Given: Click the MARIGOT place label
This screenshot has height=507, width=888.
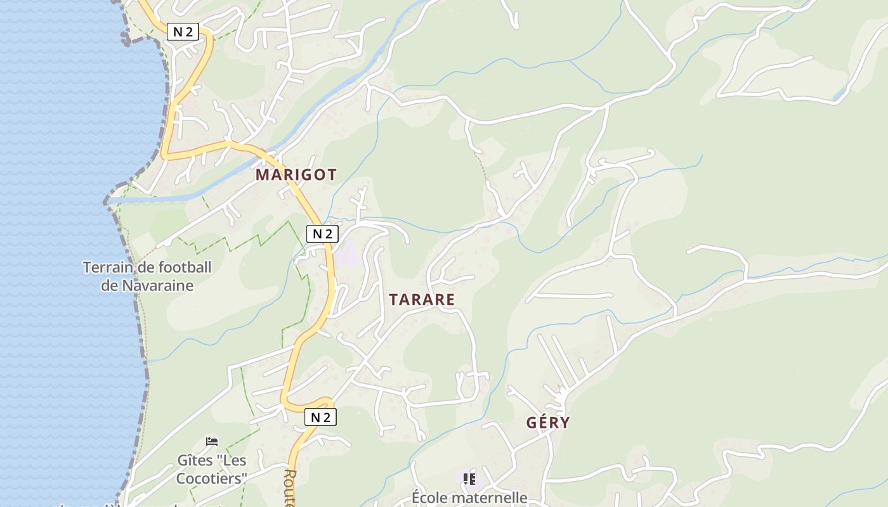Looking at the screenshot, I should pos(296,175).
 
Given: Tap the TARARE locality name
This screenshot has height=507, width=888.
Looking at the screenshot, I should pos(422,300).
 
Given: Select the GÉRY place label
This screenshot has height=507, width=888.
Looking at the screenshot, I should pos(547,423).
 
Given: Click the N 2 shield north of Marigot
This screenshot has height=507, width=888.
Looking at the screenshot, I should pos(183,32).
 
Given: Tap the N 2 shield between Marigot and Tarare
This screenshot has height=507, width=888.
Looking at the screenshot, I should pos(322,234).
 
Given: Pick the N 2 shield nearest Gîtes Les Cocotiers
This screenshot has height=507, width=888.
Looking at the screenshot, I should pos(320,417).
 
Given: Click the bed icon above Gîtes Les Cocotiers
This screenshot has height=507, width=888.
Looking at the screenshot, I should pos(212,441).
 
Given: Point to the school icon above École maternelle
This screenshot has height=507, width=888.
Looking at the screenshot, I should pos(469,478).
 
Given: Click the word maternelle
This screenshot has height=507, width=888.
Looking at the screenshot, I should pos(490,497).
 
